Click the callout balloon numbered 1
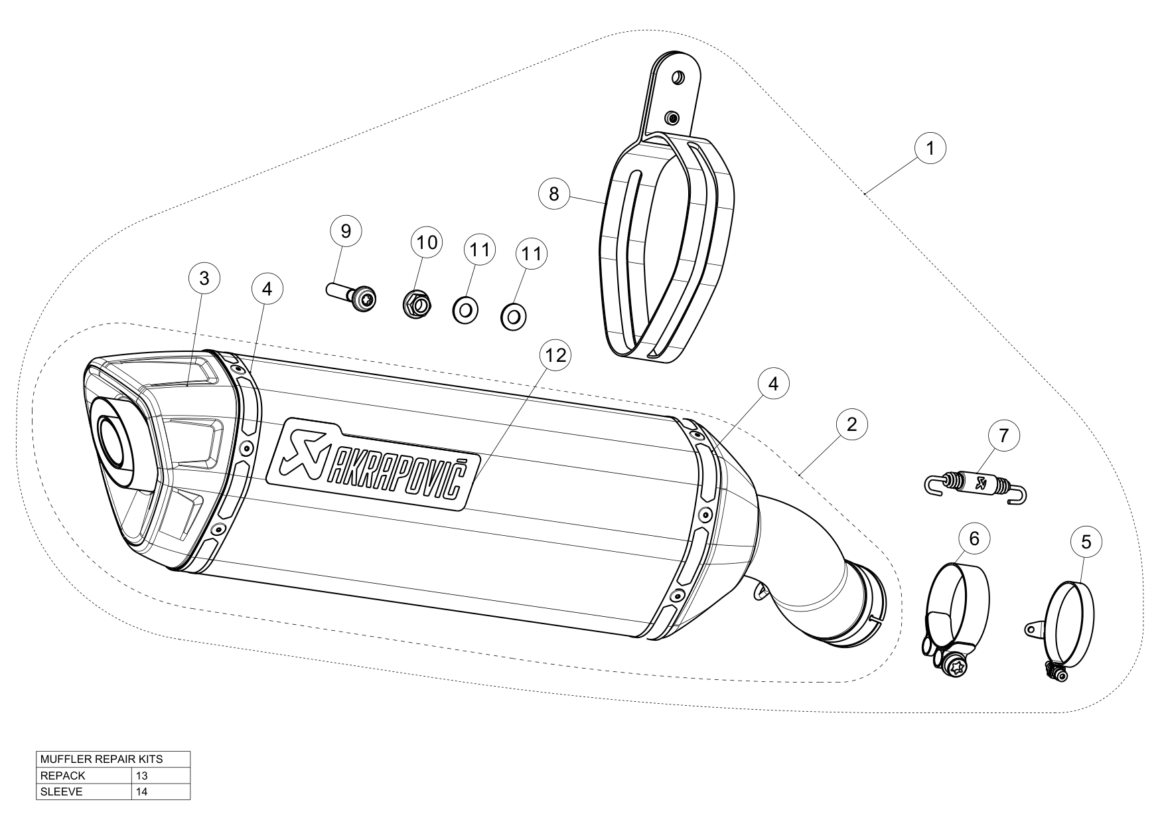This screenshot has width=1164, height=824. pyautogui.click(x=930, y=149)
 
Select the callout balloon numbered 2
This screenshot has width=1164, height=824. pyautogui.click(x=852, y=425)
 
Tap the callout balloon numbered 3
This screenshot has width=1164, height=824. pyautogui.click(x=204, y=279)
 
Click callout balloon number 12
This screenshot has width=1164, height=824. pyautogui.click(x=555, y=355)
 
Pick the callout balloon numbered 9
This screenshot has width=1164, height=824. pyautogui.click(x=346, y=231)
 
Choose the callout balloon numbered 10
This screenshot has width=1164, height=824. pyautogui.click(x=427, y=242)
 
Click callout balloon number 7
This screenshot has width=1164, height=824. pyautogui.click(x=1003, y=436)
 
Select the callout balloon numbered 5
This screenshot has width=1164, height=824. pyautogui.click(x=1086, y=542)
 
